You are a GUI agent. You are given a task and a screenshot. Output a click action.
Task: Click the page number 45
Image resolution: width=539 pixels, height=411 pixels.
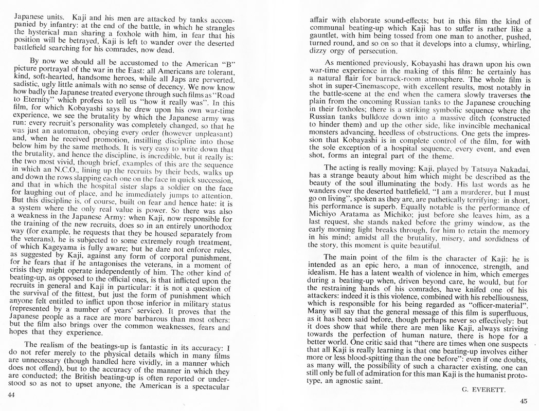524,401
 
